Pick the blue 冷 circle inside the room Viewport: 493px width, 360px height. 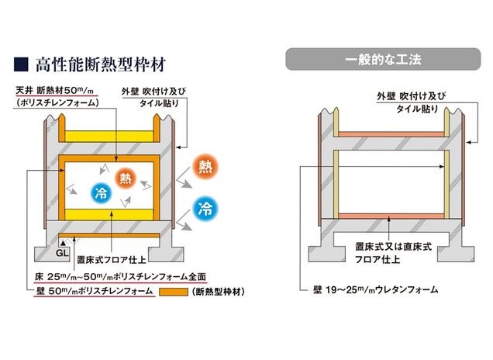pyautogui.click(x=101, y=193)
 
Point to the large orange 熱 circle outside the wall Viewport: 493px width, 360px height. pyautogui.click(x=205, y=167)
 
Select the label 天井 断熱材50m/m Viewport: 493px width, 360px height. pyautogui.click(x=59, y=90)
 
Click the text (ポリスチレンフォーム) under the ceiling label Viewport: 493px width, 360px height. pyautogui.click(x=59, y=102)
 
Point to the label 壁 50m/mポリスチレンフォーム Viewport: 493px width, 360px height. pyautogui.click(x=84, y=291)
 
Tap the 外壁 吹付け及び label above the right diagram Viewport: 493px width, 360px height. pyautogui.click(x=406, y=96)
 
